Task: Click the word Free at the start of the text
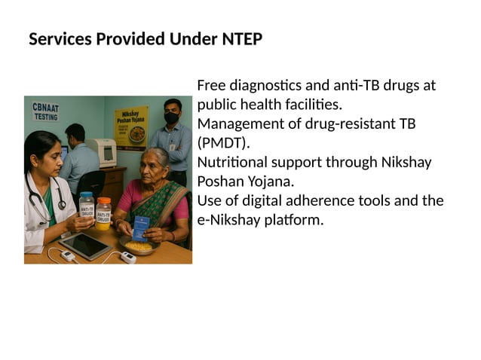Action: pyautogui.click(x=212, y=85)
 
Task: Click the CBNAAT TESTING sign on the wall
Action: pyautogui.click(x=45, y=112)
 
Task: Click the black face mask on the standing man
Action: pyautogui.click(x=172, y=118)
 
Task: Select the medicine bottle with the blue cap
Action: pyautogui.click(x=87, y=204)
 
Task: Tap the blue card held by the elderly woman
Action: pyautogui.click(x=141, y=227)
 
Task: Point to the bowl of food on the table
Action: pyautogui.click(x=138, y=246)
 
